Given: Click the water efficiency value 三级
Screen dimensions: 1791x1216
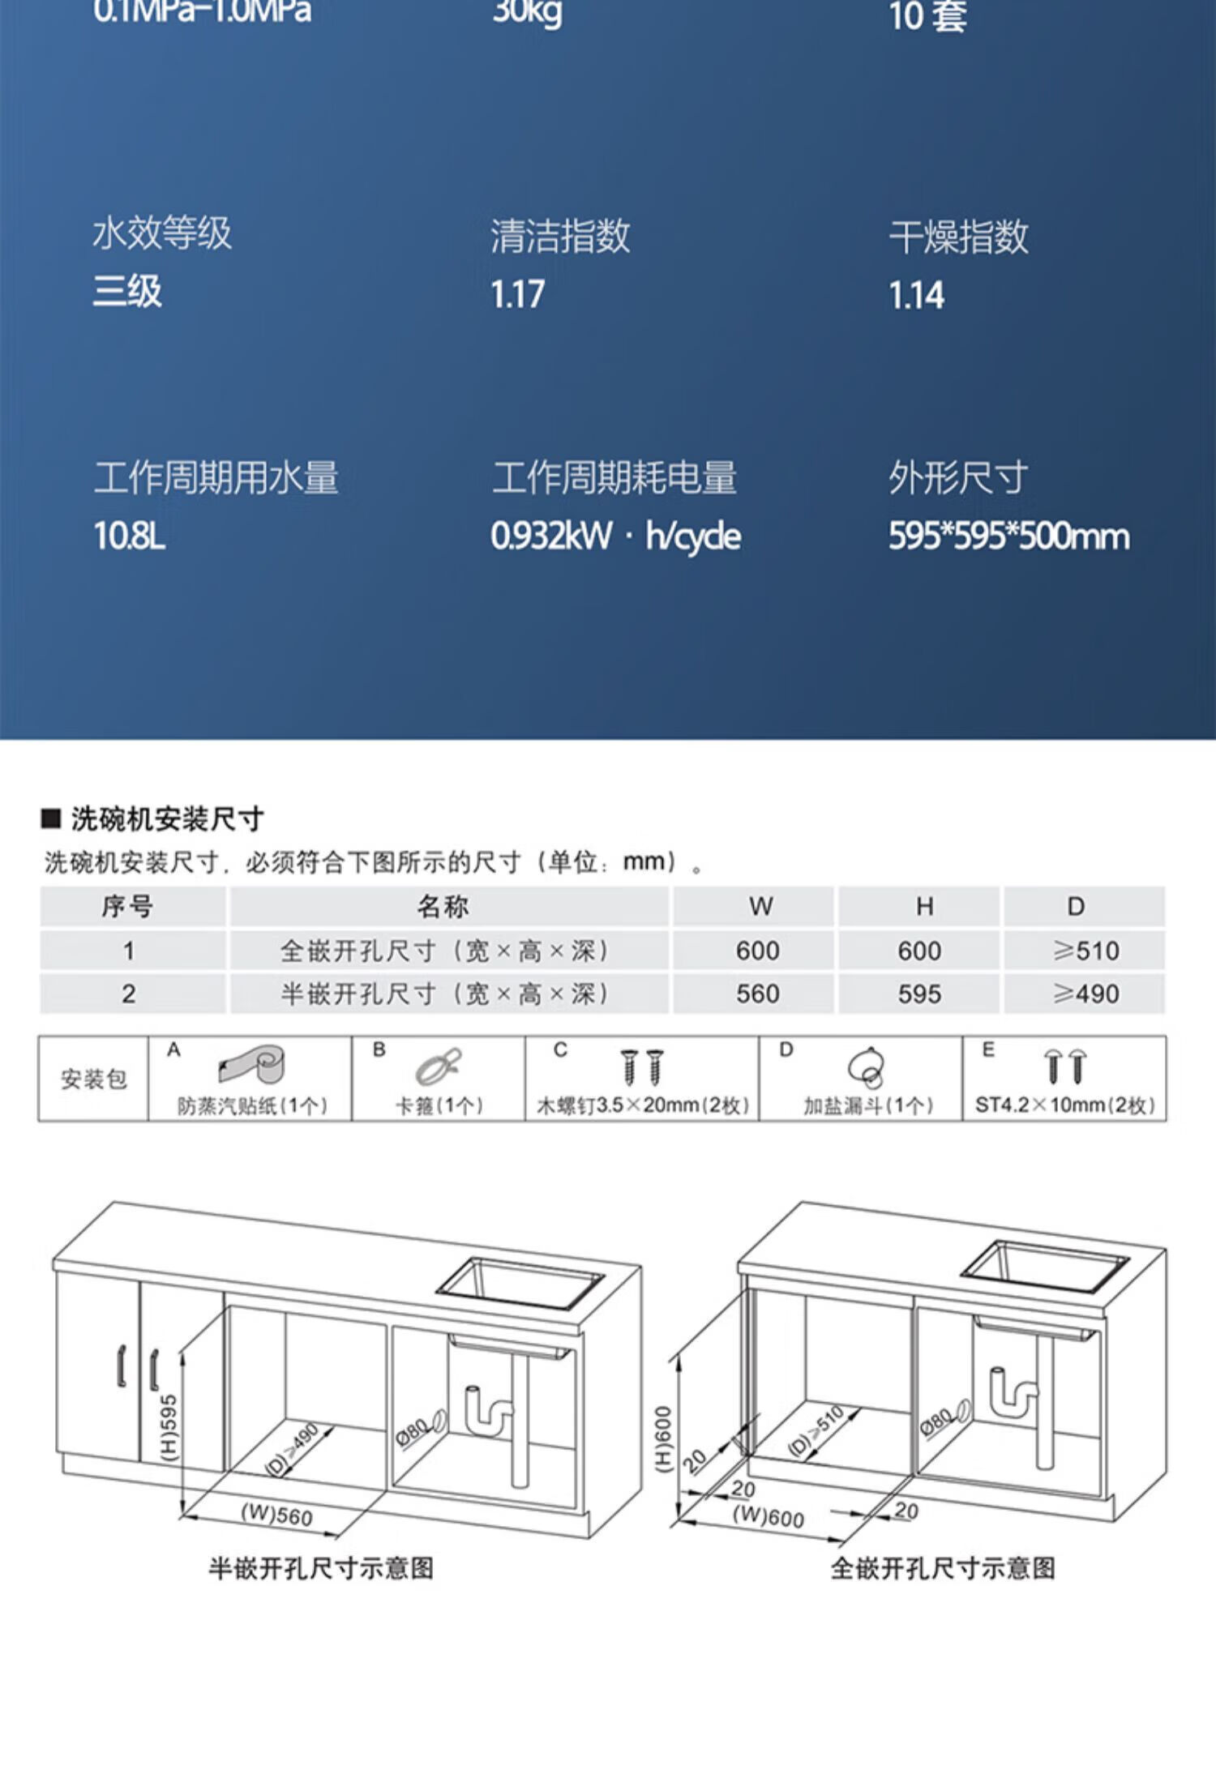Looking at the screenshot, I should click(x=127, y=292).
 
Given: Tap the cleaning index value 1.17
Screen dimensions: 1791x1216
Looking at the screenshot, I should click(x=517, y=294).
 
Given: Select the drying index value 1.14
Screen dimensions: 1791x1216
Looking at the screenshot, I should click(x=916, y=296).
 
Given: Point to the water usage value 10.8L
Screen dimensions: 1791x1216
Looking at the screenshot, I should click(x=130, y=536).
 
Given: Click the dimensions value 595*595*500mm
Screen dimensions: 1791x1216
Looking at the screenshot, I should click(x=1008, y=536).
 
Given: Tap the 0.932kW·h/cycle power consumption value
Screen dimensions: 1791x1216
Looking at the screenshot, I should click(x=615, y=536).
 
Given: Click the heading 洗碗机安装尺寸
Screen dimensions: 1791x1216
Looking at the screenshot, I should click(x=167, y=819).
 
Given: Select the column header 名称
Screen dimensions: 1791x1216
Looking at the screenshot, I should click(x=443, y=907).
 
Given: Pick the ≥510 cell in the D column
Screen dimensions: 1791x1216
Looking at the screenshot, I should click(x=1085, y=951).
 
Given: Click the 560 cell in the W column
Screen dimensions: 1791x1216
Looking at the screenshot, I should click(x=757, y=994).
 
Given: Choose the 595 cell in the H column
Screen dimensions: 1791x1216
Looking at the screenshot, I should click(x=919, y=994).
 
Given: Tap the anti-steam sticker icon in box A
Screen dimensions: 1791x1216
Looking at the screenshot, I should click(x=252, y=1065).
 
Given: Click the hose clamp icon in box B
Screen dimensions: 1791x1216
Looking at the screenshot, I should click(x=439, y=1066).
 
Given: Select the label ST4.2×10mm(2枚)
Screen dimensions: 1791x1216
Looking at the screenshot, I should click(x=1064, y=1105).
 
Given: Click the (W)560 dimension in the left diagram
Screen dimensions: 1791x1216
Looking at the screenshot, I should click(x=276, y=1515).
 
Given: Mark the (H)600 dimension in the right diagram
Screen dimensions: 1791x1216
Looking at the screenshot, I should click(x=663, y=1438).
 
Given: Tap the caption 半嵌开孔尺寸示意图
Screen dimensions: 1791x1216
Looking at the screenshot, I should click(x=321, y=1568).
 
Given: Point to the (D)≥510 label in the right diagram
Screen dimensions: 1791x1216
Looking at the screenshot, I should click(x=816, y=1432).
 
